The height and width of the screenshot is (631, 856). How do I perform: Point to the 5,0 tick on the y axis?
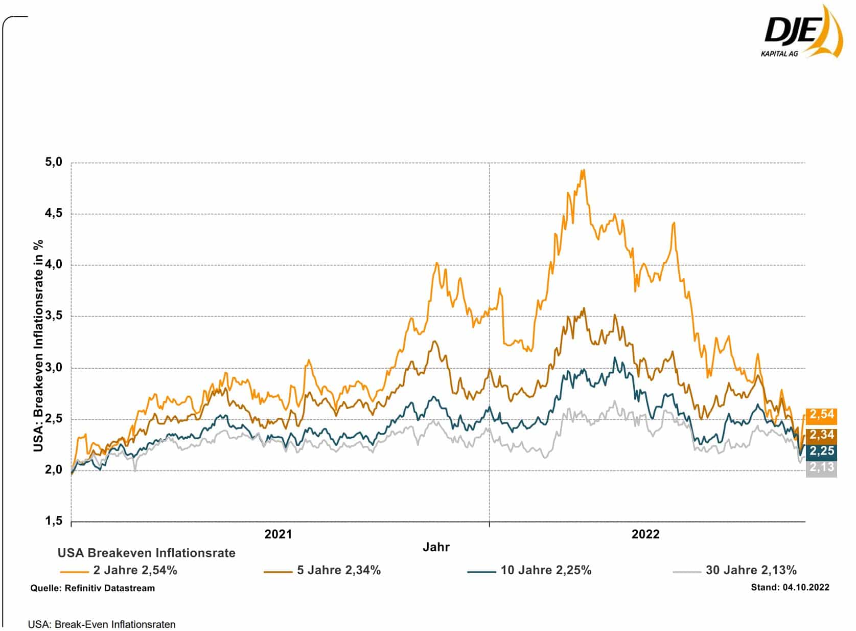54,162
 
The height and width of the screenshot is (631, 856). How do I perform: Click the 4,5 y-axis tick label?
54,213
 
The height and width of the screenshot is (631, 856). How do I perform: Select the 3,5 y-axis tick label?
54,316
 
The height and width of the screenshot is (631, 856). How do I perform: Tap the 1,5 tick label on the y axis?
54,521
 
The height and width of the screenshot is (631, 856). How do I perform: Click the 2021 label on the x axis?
278,534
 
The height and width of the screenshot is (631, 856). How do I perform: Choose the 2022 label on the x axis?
645,534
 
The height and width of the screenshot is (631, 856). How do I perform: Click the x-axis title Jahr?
436,547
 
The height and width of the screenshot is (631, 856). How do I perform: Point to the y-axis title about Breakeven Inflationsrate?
38,346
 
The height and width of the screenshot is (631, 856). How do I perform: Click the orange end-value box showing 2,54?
821,414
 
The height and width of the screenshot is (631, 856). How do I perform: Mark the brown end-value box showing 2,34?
821,435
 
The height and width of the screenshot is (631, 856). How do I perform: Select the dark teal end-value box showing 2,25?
821,451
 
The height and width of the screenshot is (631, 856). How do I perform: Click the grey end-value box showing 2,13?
821,467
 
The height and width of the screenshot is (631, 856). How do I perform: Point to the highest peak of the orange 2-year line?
584,170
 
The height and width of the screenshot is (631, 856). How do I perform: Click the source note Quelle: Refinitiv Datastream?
92,588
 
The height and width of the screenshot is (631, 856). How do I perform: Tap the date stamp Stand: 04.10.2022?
790,588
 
